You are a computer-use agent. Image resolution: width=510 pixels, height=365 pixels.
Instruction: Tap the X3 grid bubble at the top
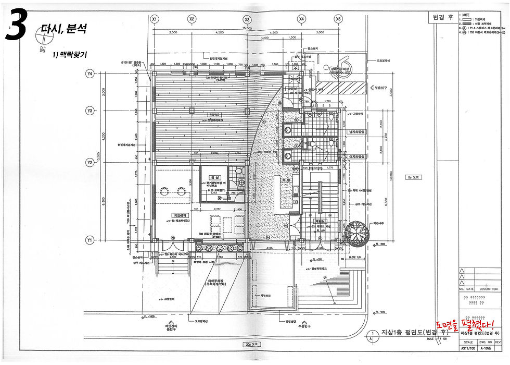click(x=247, y=19)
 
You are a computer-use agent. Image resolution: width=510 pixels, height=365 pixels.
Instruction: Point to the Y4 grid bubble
click(x=90, y=74)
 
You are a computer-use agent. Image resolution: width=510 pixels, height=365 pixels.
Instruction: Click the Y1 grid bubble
click(x=90, y=240)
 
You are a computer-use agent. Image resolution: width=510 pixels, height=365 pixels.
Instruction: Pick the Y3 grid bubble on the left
click(x=90, y=111)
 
